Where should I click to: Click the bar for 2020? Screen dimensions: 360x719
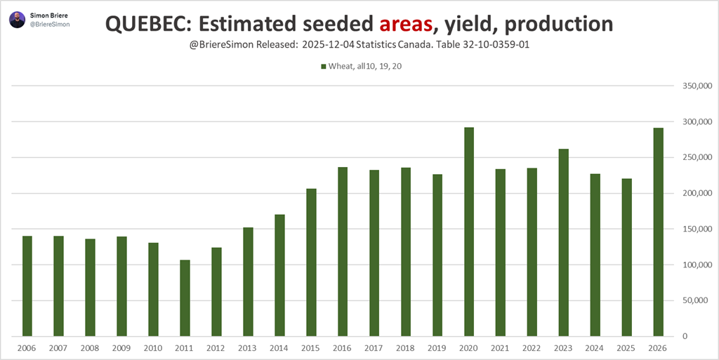coord(469,232)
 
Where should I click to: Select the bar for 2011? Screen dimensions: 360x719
coord(185,298)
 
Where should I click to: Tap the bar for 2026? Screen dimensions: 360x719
coord(659,232)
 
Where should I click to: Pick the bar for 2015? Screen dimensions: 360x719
coord(311,262)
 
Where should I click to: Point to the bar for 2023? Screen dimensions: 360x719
coord(564,242)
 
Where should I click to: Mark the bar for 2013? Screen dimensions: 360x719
coord(248,281)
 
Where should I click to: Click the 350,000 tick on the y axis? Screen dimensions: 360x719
coord(690,86)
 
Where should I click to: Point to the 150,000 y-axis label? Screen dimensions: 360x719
coord(690,229)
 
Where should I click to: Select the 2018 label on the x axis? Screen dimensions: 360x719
coord(406,348)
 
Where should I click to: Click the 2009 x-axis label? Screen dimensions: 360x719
coord(121,348)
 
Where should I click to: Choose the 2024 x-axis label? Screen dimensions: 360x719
coord(595,348)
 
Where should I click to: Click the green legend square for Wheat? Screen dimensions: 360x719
coord(324,67)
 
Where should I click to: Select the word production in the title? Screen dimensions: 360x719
coord(558,25)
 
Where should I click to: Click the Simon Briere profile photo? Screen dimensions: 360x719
coord(18,20)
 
